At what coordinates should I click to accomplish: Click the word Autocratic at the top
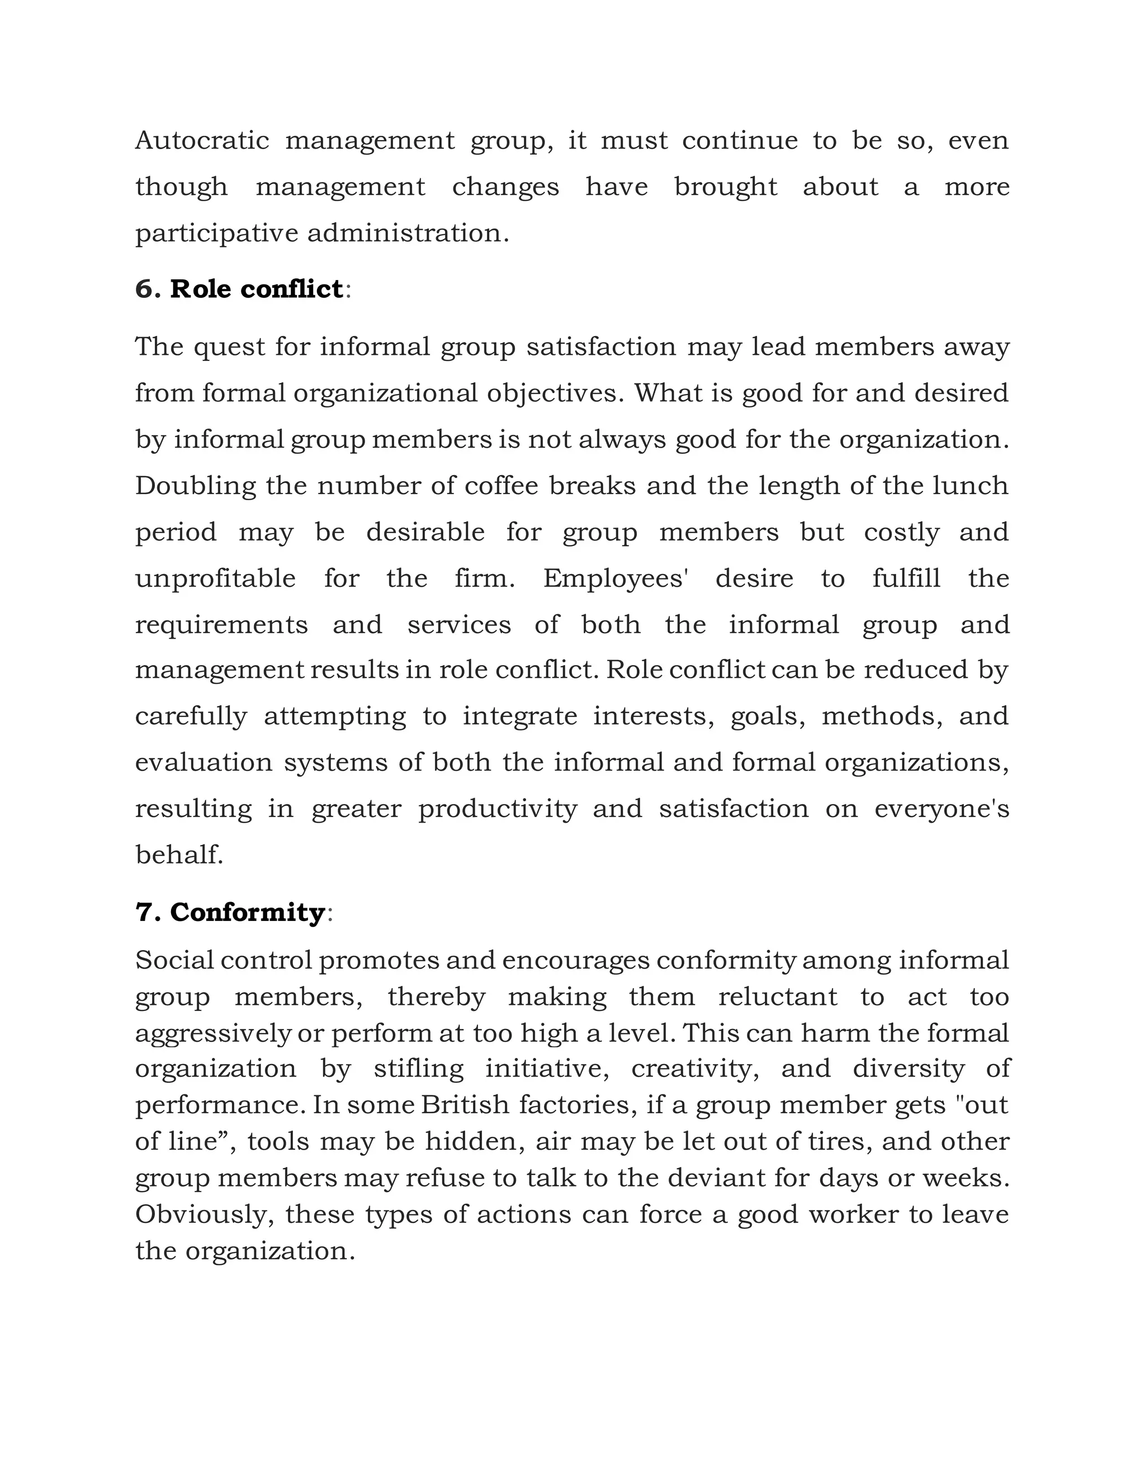click(201, 140)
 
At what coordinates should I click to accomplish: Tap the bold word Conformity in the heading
click(247, 912)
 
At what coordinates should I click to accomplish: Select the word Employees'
click(615, 578)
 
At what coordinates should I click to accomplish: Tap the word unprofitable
click(215, 578)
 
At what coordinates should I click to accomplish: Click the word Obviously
click(204, 1215)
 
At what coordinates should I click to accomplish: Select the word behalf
click(178, 855)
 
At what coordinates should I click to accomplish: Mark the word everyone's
click(941, 809)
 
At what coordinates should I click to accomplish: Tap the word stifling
click(419, 1069)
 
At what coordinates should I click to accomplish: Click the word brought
click(725, 187)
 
